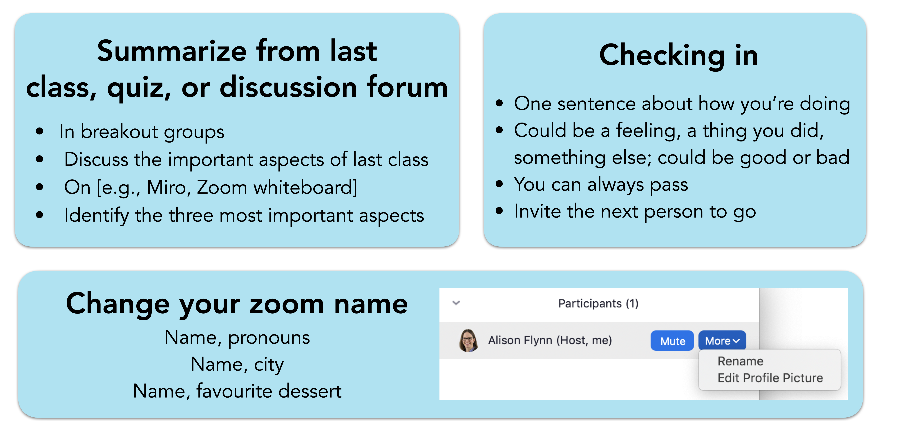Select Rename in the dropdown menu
pyautogui.click(x=740, y=361)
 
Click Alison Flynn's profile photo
pyautogui.click(x=468, y=340)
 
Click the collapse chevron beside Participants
pyautogui.click(x=456, y=303)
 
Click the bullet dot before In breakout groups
pyautogui.click(x=40, y=131)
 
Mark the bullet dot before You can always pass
pyautogui.click(x=499, y=184)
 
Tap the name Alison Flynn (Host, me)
pyautogui.click(x=550, y=340)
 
